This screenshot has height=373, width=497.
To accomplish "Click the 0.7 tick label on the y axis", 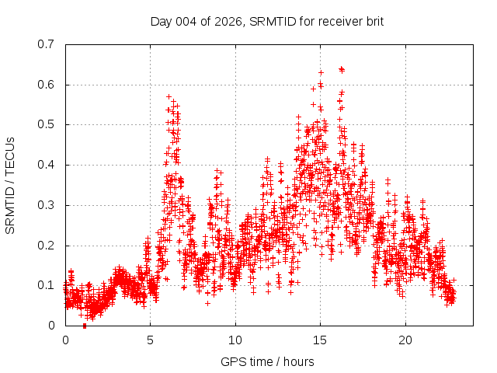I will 49,44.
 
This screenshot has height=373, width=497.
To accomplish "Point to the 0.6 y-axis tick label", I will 49,85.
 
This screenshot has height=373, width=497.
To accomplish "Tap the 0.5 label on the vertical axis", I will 49,124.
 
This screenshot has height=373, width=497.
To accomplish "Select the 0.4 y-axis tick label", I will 49,165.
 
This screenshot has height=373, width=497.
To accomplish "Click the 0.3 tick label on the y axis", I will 49,205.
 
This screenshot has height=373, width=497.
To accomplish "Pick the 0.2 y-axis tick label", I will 49,246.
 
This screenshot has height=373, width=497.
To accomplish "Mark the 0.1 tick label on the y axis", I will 49,285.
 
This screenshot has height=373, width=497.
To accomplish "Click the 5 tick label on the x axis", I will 151,340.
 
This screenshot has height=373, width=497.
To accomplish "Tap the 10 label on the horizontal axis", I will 235,340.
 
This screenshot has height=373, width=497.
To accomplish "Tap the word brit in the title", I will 372,21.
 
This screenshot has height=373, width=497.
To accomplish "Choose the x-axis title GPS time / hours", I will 267,361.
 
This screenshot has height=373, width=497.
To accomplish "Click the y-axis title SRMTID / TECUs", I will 11,185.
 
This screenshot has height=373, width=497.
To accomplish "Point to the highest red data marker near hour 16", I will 342,69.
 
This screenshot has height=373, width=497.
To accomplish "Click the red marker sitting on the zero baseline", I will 85,325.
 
